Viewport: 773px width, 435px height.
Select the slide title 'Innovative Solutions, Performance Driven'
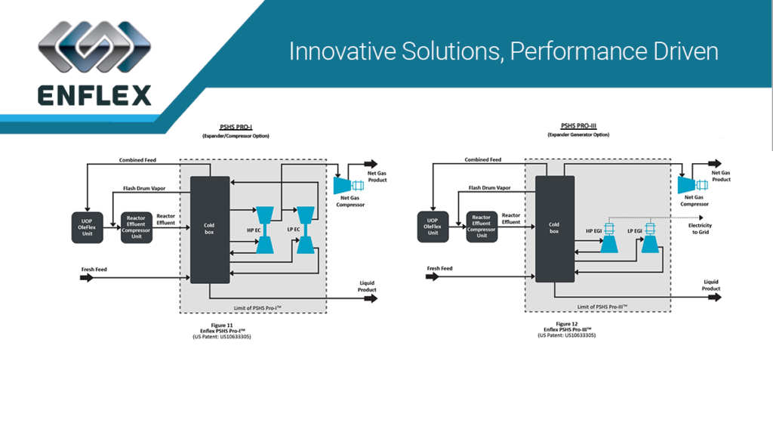[x=503, y=52]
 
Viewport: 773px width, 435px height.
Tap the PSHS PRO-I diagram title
[x=235, y=127]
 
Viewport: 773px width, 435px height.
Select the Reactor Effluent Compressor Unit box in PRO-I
[x=136, y=227]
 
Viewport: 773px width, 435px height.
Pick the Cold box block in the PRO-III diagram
[x=555, y=227]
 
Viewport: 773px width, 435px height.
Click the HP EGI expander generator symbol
[x=608, y=238]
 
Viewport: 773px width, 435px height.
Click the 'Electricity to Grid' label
[x=699, y=227]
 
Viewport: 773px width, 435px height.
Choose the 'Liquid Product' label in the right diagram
[x=711, y=285]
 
